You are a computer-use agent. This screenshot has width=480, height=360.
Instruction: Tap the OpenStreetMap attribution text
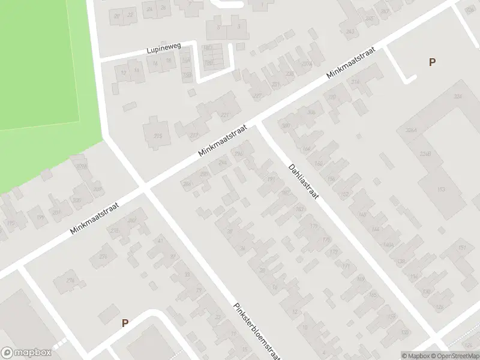(x=454, y=356)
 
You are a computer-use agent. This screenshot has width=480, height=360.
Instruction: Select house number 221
(x=226, y=115)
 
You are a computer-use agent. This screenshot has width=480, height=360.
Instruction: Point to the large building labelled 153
(x=441, y=190)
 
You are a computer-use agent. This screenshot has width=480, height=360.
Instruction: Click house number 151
(x=462, y=248)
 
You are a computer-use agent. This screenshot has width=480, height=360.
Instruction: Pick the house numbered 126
(x=439, y=307)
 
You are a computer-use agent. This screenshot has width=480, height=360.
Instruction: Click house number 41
(x=160, y=241)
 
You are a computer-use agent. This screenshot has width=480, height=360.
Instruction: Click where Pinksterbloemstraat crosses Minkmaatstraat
(x=145, y=188)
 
